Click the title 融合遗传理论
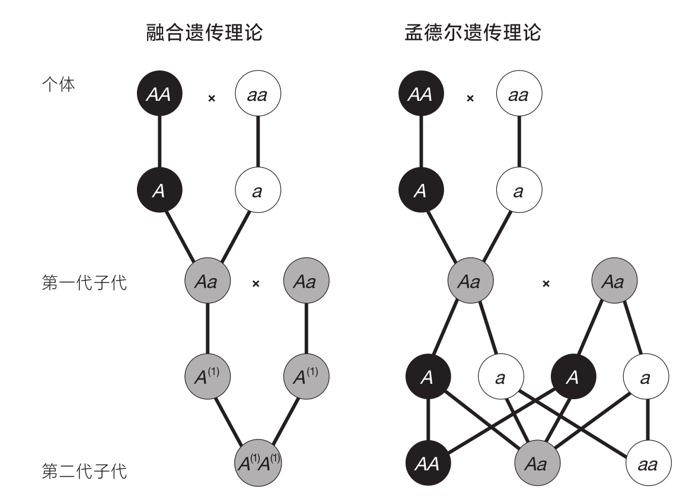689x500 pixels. pyautogui.click(x=205, y=33)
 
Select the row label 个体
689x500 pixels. pyautogui.click(x=59, y=84)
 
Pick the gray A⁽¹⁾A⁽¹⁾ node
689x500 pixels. pyautogui.click(x=257, y=462)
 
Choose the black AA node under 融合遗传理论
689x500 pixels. pyautogui.click(x=159, y=94)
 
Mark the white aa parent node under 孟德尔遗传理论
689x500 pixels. pyautogui.click(x=519, y=94)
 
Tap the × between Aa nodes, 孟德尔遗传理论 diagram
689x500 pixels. pyautogui.click(x=546, y=284)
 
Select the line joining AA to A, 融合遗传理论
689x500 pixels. pyautogui.click(x=159, y=142)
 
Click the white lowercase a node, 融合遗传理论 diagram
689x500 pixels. pyautogui.click(x=257, y=191)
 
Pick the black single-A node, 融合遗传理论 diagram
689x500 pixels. pyautogui.click(x=159, y=191)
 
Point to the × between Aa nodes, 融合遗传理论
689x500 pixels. pyautogui.click(x=256, y=284)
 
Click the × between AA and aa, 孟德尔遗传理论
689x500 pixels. pyautogui.click(x=470, y=97)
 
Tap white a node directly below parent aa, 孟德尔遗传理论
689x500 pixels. pyautogui.click(x=519, y=191)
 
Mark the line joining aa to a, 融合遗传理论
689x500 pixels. pyautogui.click(x=257, y=142)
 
